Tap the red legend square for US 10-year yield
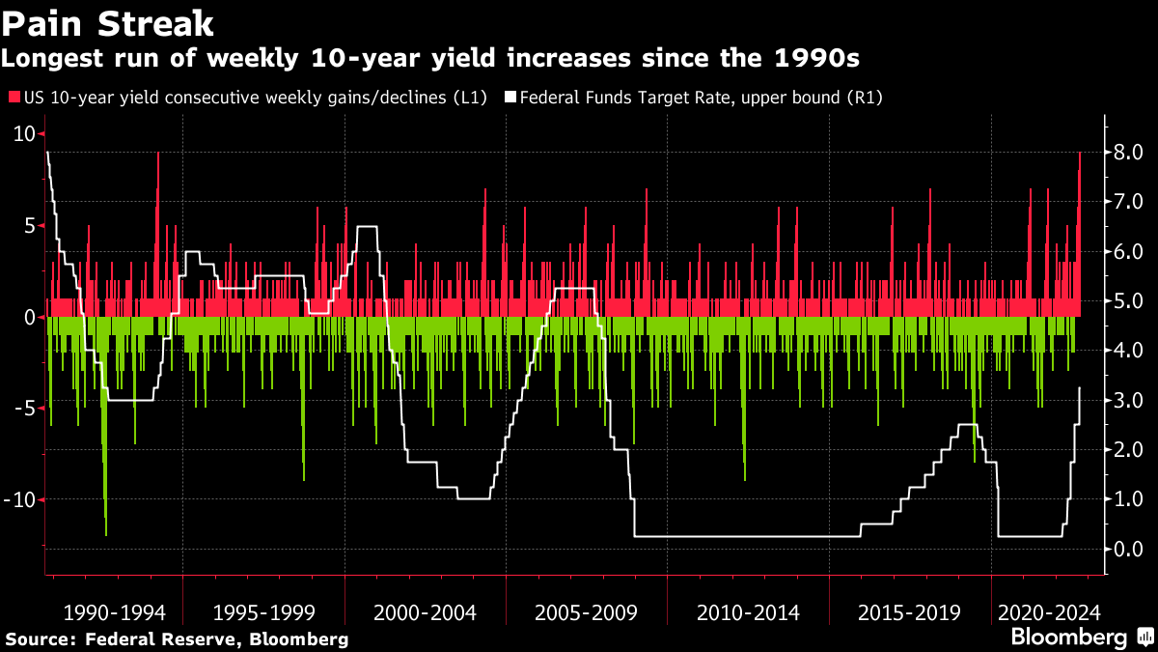[14, 98]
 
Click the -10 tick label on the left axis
[21, 499]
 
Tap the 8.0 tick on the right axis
[1128, 152]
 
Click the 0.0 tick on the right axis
[1128, 549]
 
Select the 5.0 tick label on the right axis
[1128, 300]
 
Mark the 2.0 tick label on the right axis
[1128, 449]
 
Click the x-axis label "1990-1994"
[114, 612]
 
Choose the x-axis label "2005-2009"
[586, 612]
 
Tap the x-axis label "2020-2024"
[1049, 612]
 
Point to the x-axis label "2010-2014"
[748, 612]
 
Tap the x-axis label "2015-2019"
[909, 612]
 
